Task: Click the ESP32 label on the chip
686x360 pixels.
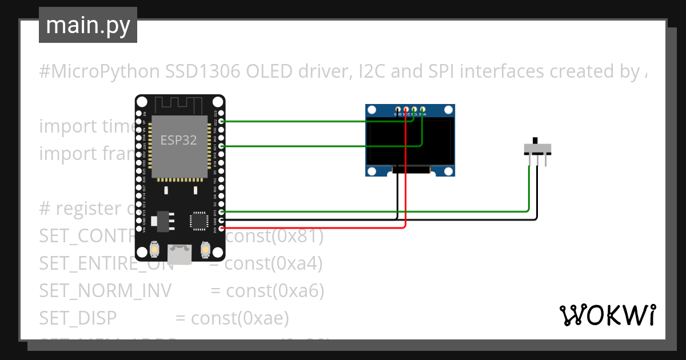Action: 178,140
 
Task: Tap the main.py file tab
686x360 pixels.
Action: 88,26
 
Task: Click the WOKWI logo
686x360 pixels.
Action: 607,315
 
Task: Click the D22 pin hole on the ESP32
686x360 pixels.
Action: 221,121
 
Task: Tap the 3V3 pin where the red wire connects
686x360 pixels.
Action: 221,229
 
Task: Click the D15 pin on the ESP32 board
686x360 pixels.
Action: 221,211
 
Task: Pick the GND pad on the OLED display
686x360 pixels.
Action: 398,109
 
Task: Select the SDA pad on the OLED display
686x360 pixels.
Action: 423,109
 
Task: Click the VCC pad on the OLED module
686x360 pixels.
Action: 406,109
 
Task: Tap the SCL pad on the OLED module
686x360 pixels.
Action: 414,109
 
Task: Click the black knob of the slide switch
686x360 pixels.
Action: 535,141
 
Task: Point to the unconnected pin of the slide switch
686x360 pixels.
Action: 546,161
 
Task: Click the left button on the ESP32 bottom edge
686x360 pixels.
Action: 154,250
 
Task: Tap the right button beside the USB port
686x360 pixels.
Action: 206,250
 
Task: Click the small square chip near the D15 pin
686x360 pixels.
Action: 198,220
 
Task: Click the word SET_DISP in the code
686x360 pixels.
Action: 78,318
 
